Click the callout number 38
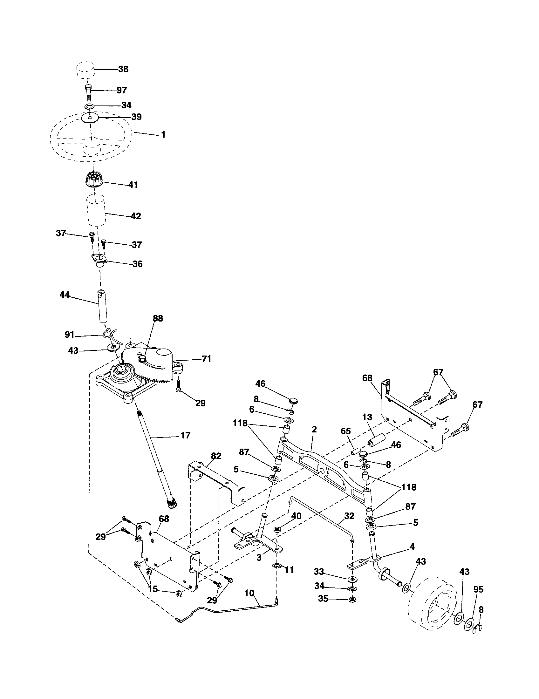(x=123, y=69)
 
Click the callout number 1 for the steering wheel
(x=163, y=135)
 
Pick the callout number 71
(x=207, y=359)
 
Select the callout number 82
(x=216, y=456)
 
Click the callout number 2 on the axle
(x=314, y=430)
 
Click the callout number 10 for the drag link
(x=249, y=593)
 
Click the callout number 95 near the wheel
(x=479, y=589)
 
